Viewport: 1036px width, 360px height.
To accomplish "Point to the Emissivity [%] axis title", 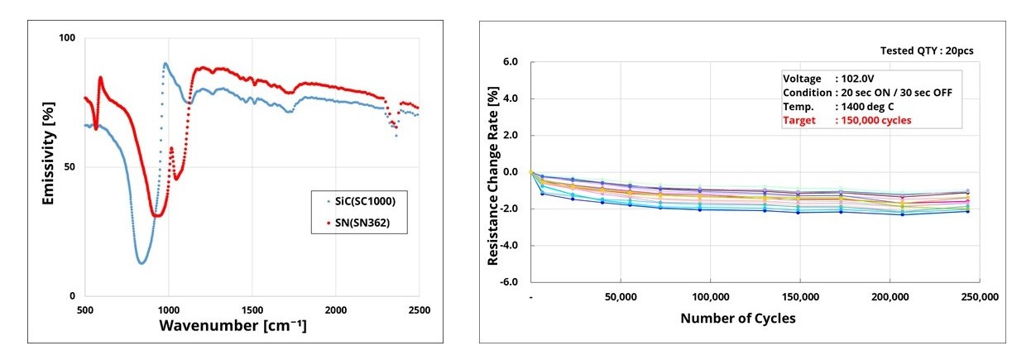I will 47,156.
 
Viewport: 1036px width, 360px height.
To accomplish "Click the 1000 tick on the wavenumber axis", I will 169,310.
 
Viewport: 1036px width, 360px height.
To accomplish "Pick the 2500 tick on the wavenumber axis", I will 419,310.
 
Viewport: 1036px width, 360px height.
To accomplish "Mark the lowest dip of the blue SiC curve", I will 141,263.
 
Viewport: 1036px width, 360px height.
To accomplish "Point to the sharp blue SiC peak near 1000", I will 165,64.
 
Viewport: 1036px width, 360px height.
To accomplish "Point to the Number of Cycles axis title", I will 738,318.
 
